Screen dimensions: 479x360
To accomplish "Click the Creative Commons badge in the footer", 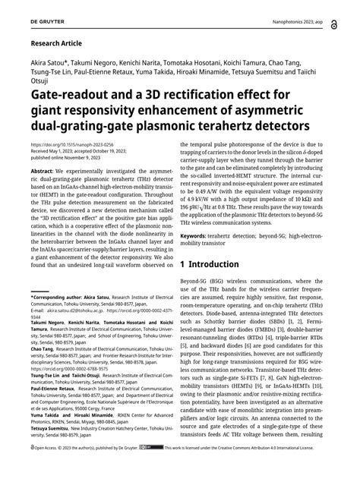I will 151,468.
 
